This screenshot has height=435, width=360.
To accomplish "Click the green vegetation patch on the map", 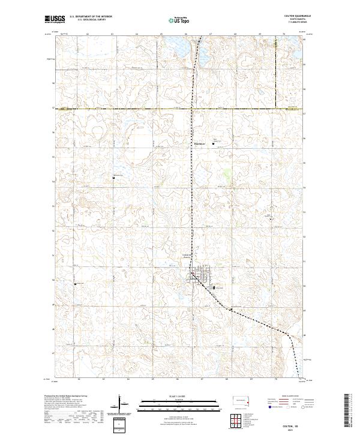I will pos(226,175).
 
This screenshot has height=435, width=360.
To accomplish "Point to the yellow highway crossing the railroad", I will pos(192,109).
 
